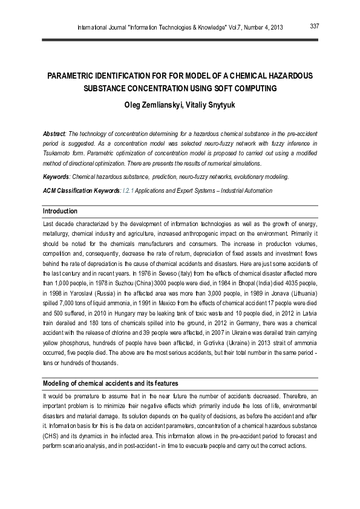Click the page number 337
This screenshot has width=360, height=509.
point(314,26)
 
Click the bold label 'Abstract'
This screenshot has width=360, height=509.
point(54,133)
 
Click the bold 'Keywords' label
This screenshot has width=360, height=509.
point(56,177)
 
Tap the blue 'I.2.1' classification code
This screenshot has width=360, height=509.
point(128,190)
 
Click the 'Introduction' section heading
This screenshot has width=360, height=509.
point(60,211)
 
